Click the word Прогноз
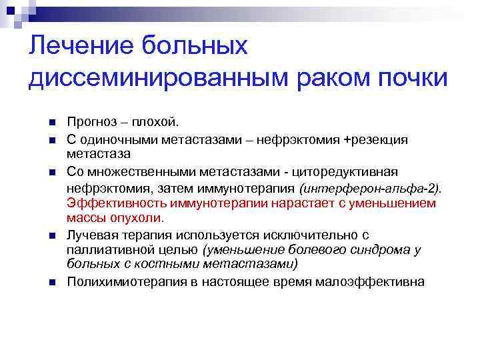pos(95,122)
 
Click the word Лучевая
pos(91,235)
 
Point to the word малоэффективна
pos(375,282)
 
